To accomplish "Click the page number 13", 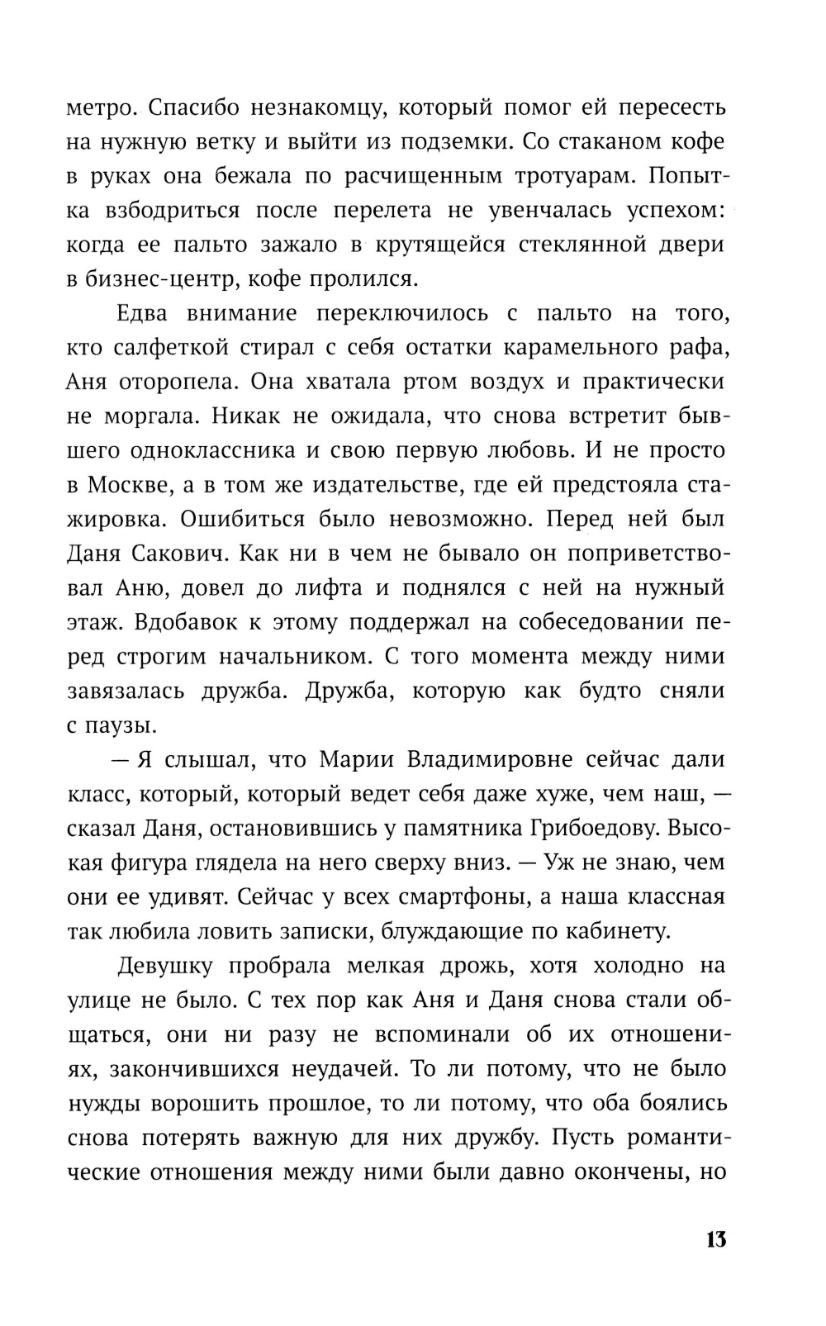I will tap(715, 1239).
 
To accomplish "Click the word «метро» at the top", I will tap(97, 108).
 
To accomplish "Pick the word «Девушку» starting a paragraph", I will tap(166, 966).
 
